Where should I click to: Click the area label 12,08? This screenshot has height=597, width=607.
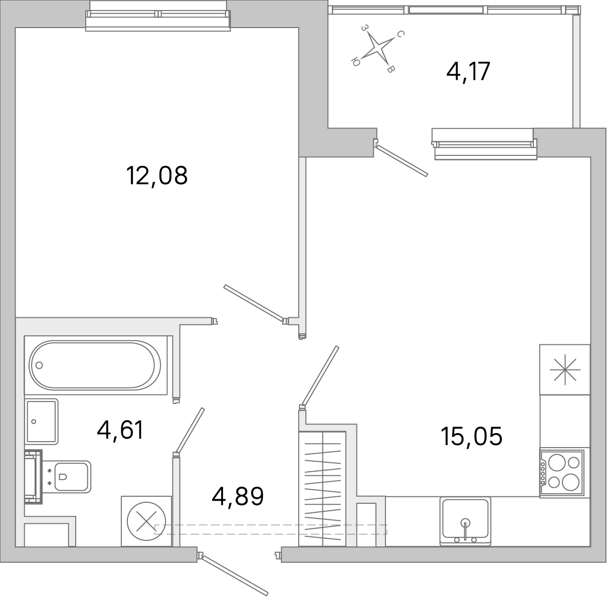click(157, 176)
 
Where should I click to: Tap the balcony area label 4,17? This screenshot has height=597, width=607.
click(468, 72)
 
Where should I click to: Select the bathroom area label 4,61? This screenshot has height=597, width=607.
click(121, 430)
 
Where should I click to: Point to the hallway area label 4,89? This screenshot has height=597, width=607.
click(238, 496)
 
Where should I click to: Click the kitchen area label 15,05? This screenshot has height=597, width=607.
click(471, 436)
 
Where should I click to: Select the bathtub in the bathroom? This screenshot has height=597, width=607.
click(95, 364)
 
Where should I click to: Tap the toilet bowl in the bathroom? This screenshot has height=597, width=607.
click(70, 476)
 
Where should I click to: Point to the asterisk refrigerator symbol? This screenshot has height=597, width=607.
click(565, 370)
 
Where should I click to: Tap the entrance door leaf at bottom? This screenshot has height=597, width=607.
click(234, 571)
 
